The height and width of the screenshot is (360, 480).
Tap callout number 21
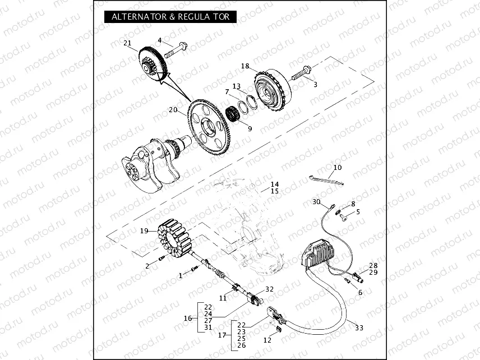[x=127, y=43]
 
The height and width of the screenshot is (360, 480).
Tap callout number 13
[x=236, y=86]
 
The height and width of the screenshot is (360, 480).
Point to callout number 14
[x=274, y=184]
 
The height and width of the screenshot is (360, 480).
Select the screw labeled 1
[x=194, y=270]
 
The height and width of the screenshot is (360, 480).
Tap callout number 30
[x=316, y=202]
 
